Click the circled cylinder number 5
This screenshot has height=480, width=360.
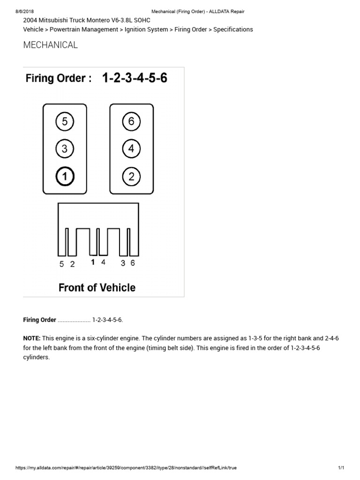(x=65, y=122)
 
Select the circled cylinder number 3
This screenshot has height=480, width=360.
(x=65, y=149)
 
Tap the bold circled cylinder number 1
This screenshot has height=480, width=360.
(x=65, y=177)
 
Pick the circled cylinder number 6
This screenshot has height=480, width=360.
(x=131, y=122)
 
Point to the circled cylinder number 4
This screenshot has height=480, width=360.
(x=131, y=149)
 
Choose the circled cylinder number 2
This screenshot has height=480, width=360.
(x=131, y=177)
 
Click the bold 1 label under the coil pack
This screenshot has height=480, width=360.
(x=93, y=263)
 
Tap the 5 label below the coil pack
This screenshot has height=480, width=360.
(x=61, y=264)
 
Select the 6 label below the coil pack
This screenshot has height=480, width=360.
(x=133, y=263)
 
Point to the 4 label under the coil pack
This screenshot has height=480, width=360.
(x=103, y=263)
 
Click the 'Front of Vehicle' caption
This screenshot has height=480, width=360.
(x=97, y=287)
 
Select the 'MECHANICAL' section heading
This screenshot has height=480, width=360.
(x=51, y=45)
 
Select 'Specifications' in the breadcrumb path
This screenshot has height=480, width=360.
(x=233, y=30)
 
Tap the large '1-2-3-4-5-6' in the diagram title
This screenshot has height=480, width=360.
(x=135, y=78)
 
